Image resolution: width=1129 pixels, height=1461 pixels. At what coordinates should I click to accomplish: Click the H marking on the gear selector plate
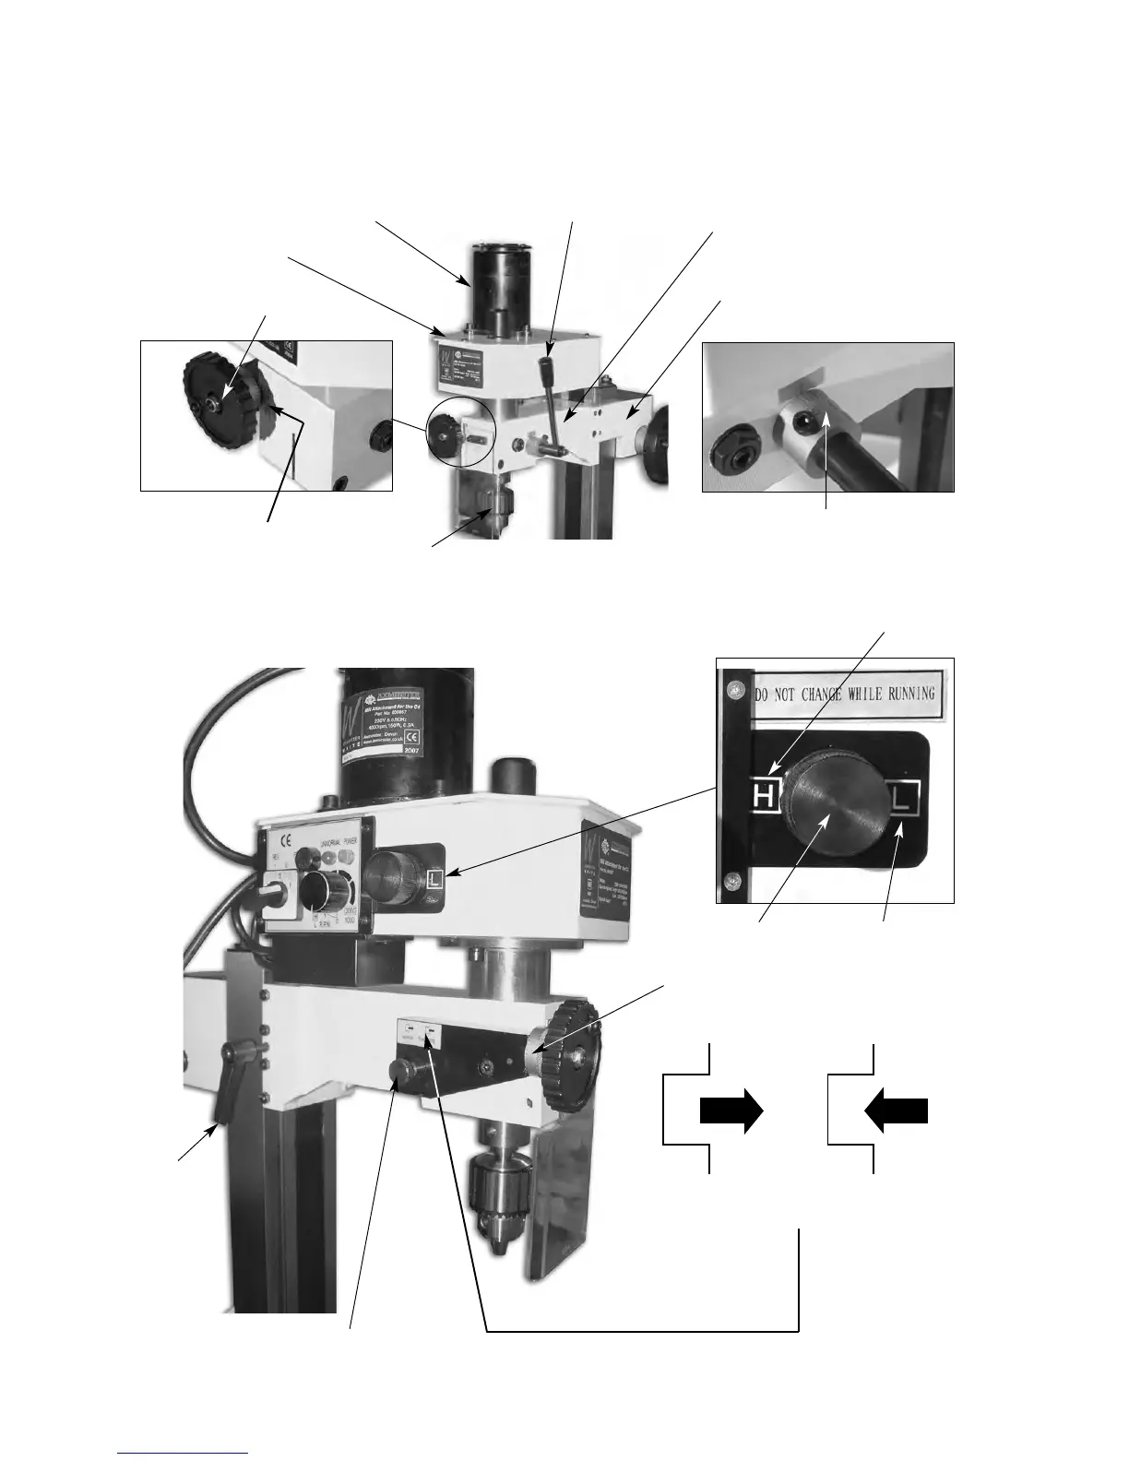tap(764, 794)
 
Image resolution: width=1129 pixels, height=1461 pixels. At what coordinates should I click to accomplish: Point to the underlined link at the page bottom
tap(184, 1453)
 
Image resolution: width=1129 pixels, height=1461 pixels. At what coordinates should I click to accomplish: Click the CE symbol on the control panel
tap(286, 839)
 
